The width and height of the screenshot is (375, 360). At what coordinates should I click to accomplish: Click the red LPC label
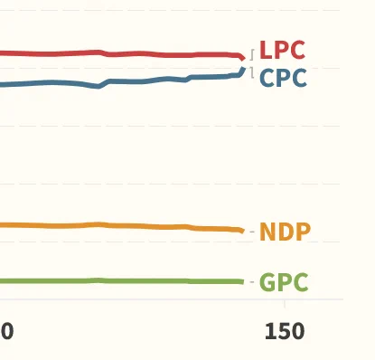pos(282,50)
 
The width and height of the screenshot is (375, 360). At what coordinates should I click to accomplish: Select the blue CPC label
pos(283,78)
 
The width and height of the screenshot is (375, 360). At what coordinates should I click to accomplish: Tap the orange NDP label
pos(285,232)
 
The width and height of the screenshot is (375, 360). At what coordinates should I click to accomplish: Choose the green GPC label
pos(284,282)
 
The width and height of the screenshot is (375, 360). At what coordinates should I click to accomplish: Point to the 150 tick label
pos(285,331)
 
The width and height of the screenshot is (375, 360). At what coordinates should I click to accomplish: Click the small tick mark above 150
pos(285,304)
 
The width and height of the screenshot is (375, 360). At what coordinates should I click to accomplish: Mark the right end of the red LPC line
pos(243,58)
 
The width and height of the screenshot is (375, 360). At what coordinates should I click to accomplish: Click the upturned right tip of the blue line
pos(244,69)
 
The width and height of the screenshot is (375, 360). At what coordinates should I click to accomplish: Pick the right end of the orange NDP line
pos(243,231)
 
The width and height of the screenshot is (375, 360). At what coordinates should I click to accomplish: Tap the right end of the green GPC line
pos(243,282)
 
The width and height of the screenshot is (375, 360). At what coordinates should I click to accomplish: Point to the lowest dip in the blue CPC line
pos(98,87)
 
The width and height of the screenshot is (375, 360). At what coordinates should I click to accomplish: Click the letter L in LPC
pos(265,50)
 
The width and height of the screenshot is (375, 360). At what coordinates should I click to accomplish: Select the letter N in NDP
pos(267,232)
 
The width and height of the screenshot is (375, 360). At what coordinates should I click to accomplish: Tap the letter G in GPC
pos(267,282)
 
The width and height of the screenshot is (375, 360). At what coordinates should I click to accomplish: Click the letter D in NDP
pos(286,232)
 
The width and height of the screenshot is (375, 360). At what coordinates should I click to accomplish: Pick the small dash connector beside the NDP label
pos(252,232)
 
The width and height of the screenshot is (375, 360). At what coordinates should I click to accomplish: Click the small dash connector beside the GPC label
pos(252,282)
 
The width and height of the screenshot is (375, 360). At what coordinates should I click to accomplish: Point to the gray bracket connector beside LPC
pos(252,54)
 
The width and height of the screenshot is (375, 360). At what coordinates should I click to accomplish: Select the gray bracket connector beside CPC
pos(252,73)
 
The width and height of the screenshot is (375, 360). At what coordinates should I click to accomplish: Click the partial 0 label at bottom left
pos(6,331)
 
